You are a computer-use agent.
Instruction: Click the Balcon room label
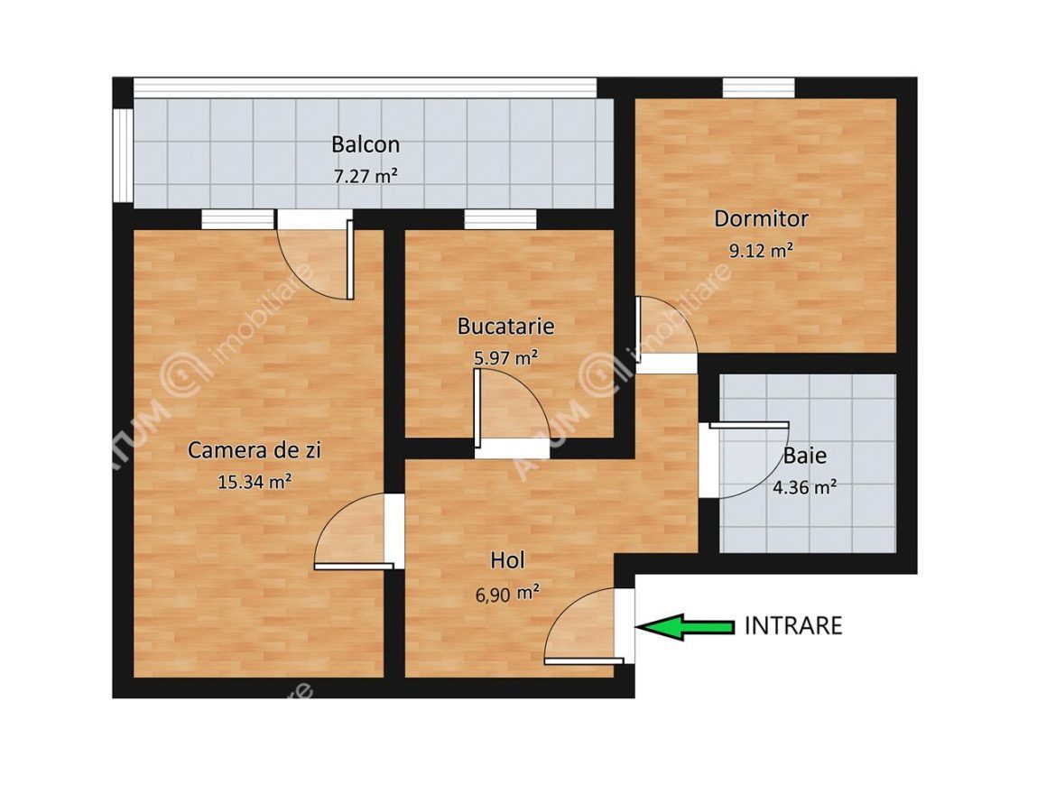point(365,144)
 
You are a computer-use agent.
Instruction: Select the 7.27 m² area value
point(365,177)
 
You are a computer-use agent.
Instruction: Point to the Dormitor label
point(761,218)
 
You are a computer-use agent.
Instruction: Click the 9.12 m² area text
point(761,251)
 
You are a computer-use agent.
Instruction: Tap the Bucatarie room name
point(505,326)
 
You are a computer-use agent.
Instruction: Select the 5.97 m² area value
point(505,358)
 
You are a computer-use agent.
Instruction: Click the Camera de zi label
point(254,449)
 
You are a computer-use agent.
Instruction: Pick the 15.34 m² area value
point(254,482)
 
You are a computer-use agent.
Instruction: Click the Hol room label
point(506,560)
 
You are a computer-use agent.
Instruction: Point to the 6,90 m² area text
point(506,593)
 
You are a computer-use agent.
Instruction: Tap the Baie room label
point(805,457)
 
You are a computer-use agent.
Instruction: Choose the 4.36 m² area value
point(804,488)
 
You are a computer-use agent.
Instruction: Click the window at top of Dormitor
point(758,88)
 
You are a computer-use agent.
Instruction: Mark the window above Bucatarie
point(500,219)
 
